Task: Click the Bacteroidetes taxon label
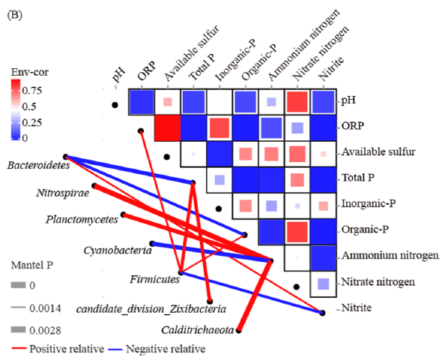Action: click(38, 165)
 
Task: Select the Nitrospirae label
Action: click(63, 193)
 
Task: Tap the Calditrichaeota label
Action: click(198, 330)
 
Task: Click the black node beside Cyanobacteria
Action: click(152, 244)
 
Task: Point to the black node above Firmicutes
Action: click(181, 272)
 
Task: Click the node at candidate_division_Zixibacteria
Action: click(210, 301)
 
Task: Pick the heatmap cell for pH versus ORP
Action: click(142, 102)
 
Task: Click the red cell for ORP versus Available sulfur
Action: click(167, 128)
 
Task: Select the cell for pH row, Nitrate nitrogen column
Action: click(297, 102)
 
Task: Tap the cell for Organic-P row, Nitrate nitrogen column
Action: click(297, 232)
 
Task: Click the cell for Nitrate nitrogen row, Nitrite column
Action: click(323, 284)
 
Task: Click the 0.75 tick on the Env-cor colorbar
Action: click(31, 90)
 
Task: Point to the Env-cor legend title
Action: click(30, 72)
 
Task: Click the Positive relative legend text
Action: click(67, 349)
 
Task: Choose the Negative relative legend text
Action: click(166, 349)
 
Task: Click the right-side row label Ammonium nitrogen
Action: click(390, 255)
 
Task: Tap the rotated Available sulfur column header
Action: click(192, 53)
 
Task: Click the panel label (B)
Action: click(14, 15)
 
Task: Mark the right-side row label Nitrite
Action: click(357, 307)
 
